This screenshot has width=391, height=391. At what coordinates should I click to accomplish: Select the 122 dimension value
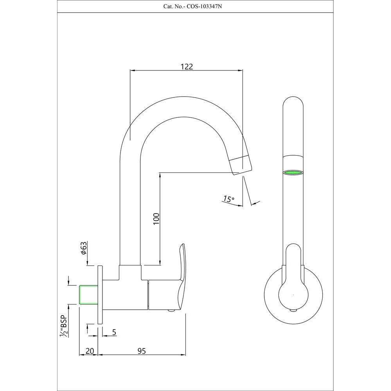[187, 66]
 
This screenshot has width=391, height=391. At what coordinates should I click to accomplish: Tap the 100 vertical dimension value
[156, 218]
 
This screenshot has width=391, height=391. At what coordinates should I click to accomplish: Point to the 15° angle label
[228, 199]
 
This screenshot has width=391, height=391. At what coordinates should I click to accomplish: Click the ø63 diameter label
[83, 249]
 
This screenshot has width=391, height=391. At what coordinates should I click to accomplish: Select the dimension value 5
[114, 332]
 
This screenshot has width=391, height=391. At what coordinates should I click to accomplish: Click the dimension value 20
[90, 351]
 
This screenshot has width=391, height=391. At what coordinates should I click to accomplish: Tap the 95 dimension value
[142, 351]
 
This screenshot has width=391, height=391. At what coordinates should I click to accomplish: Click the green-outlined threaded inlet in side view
[88, 295]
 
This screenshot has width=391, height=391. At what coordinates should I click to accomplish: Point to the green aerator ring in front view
[292, 172]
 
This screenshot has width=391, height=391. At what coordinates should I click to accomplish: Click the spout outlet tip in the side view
[240, 166]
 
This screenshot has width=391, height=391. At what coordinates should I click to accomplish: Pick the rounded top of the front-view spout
[292, 102]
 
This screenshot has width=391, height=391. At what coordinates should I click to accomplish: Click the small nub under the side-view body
[170, 311]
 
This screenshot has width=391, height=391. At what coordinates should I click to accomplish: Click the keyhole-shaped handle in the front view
[292, 282]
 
